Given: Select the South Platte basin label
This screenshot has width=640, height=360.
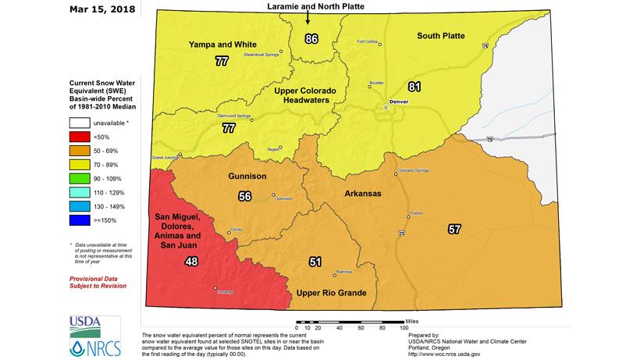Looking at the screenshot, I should (x=441, y=36).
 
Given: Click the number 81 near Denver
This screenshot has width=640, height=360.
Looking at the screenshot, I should (x=414, y=86).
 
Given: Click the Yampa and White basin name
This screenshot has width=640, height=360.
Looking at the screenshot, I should (x=222, y=44).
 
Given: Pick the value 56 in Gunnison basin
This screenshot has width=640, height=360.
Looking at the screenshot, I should (x=244, y=196).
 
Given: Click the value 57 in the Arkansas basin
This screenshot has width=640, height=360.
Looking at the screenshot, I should (x=454, y=229).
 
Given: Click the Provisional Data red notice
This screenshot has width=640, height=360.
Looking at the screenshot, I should (x=98, y=282).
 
